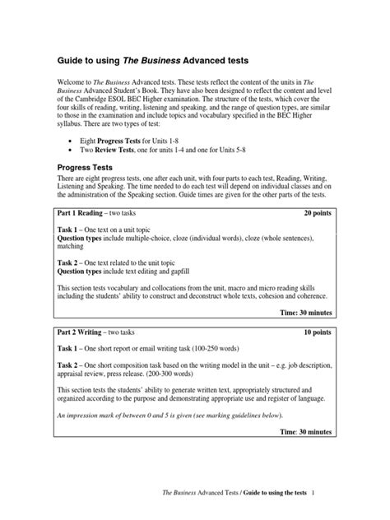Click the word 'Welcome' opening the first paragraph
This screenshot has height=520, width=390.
pyautogui.click(x=71, y=84)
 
